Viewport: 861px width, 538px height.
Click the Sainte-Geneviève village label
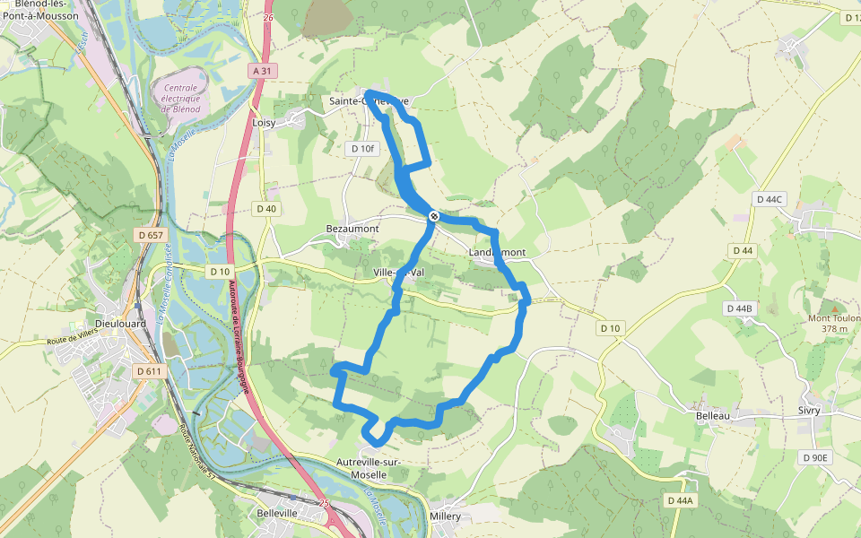tap(369, 101)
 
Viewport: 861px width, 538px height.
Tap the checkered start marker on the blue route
tap(433, 216)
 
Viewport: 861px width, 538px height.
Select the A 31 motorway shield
tap(261, 71)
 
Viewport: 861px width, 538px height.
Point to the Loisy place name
tap(264, 122)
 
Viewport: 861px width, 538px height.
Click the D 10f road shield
tap(363, 148)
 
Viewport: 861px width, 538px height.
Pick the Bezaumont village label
tap(352, 229)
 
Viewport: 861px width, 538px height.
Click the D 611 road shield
tap(149, 370)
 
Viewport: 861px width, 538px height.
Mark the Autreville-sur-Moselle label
tap(368, 467)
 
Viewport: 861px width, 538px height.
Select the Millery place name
tap(445, 516)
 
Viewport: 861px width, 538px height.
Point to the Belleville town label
tap(277, 513)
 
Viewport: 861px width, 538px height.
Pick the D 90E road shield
tap(815, 457)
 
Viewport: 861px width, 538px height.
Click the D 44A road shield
tap(682, 499)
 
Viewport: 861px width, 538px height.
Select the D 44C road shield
tap(770, 199)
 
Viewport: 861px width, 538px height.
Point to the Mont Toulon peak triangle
tap(825, 307)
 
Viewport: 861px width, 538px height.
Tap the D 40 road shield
tap(266, 209)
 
